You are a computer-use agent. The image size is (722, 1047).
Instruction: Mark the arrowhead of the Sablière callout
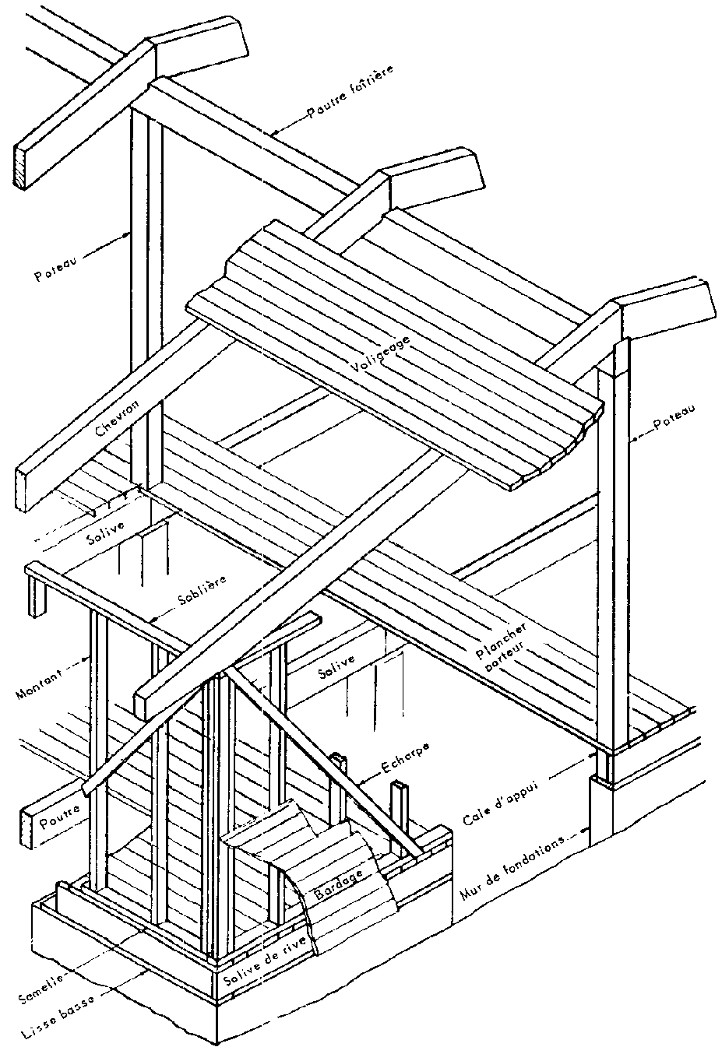click(x=153, y=620)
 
